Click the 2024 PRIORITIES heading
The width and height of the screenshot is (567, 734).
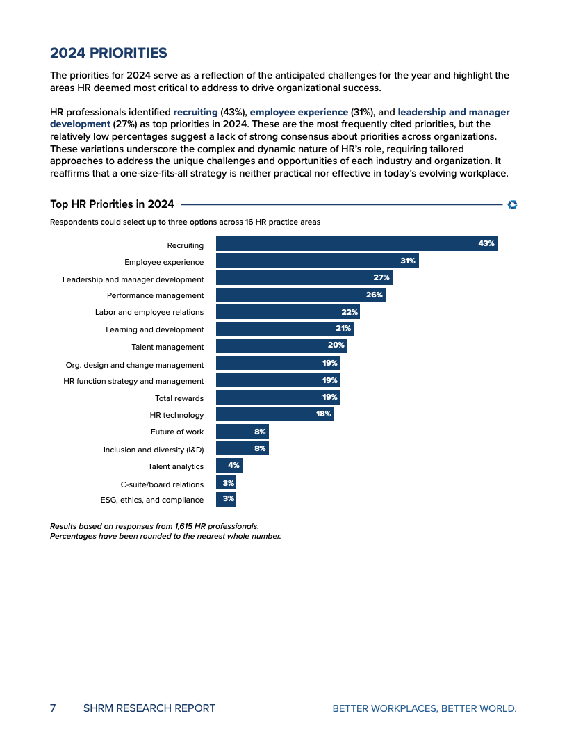click(x=108, y=53)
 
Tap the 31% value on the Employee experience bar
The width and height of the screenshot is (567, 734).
click(x=408, y=261)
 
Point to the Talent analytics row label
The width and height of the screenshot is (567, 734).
click(x=176, y=466)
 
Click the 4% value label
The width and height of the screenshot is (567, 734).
click(x=233, y=466)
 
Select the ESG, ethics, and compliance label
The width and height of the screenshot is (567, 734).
click(x=152, y=500)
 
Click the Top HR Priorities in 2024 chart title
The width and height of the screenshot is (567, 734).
click(x=112, y=204)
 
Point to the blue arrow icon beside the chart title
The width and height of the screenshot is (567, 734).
click(x=512, y=204)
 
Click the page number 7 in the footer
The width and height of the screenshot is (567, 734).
click(x=53, y=708)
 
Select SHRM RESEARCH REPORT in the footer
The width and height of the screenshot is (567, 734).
click(x=149, y=708)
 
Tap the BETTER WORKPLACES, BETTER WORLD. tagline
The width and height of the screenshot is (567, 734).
click(x=425, y=708)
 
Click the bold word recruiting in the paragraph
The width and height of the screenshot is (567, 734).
click(x=195, y=112)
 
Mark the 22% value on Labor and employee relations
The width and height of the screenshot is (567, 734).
click(x=350, y=312)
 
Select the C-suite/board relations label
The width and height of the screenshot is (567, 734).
click(x=162, y=484)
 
